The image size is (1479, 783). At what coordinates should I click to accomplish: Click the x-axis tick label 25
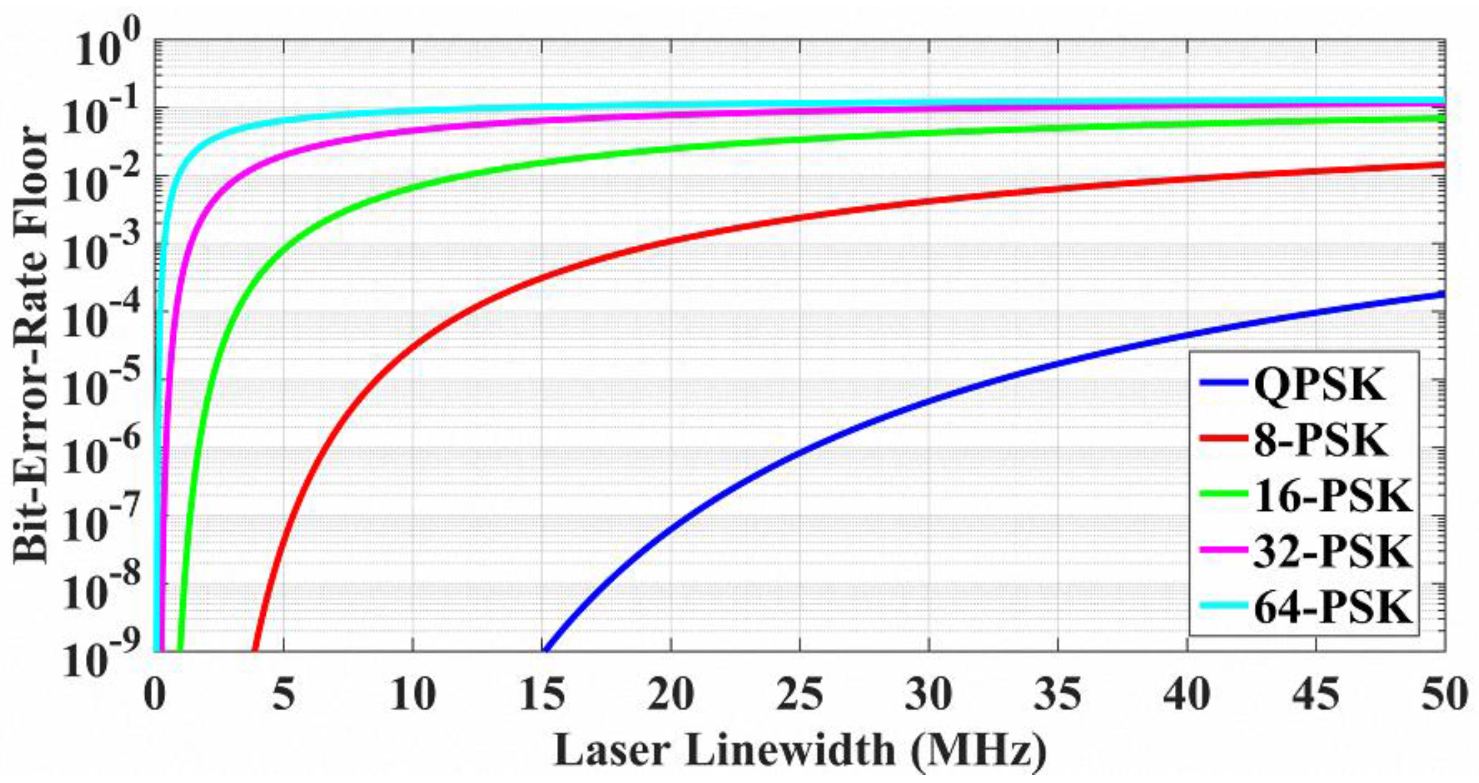pos(801,697)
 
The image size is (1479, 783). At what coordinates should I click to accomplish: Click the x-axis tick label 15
pos(542,697)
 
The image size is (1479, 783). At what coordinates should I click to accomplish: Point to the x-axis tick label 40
pos(1187,697)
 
